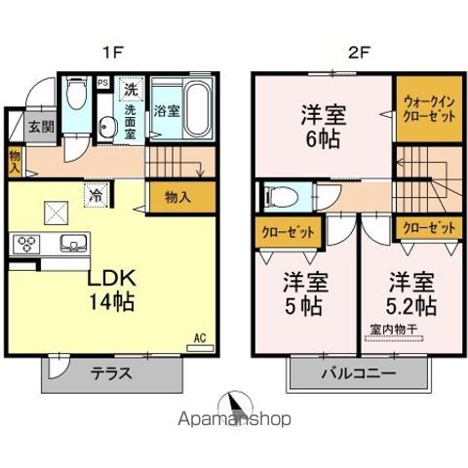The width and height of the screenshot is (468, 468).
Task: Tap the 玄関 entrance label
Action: click(x=39, y=126)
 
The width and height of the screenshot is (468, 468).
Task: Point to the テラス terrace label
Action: click(x=112, y=371)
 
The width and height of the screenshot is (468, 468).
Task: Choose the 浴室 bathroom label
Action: click(x=167, y=110)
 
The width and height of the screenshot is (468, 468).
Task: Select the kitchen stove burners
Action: click(x=26, y=244)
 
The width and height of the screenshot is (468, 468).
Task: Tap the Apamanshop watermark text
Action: click(x=234, y=421)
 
